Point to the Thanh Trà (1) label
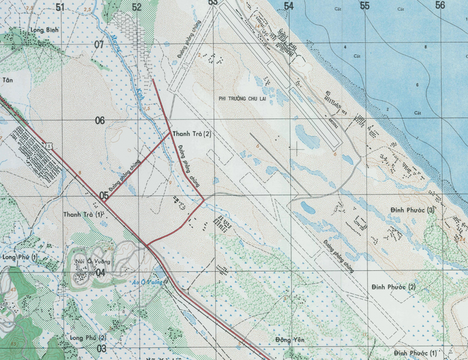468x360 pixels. tap(83, 214)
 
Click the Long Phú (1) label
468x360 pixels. tap(20, 257)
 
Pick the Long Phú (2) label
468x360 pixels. tap(87, 338)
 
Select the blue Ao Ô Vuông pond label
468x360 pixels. tap(147, 282)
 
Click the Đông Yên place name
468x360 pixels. tap(291, 340)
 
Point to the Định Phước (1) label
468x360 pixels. tap(415, 352)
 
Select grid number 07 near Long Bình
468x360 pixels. tap(98, 45)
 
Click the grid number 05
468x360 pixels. tap(103, 196)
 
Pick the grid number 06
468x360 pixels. tap(100, 121)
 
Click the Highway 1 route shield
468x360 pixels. tap(51, 144)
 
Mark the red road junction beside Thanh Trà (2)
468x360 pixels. tap(170, 133)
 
